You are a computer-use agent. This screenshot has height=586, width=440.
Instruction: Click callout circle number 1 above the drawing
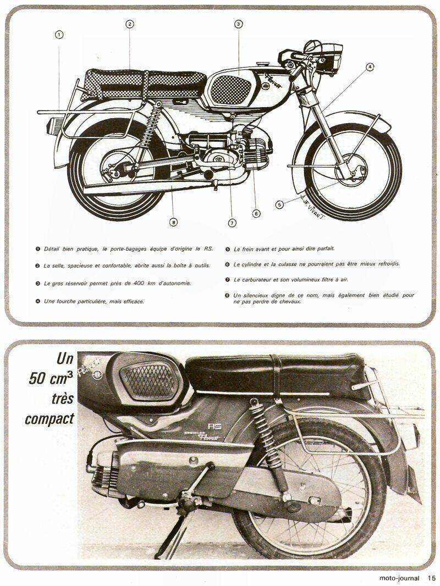(59, 35)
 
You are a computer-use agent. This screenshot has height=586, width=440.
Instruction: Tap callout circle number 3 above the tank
(239, 24)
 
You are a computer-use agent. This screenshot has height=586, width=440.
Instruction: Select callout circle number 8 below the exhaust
(173, 223)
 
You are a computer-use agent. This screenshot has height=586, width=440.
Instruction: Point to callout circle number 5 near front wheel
(279, 204)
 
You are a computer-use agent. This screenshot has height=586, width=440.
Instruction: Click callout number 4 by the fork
(369, 67)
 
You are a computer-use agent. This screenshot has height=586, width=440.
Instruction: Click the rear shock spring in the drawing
(149, 123)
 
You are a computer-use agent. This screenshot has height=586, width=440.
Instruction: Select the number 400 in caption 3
(138, 283)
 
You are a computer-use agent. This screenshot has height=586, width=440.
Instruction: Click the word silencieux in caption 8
(255, 295)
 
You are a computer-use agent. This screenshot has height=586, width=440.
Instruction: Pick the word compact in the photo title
(50, 419)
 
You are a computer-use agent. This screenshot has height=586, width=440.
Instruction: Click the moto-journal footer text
(399, 578)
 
